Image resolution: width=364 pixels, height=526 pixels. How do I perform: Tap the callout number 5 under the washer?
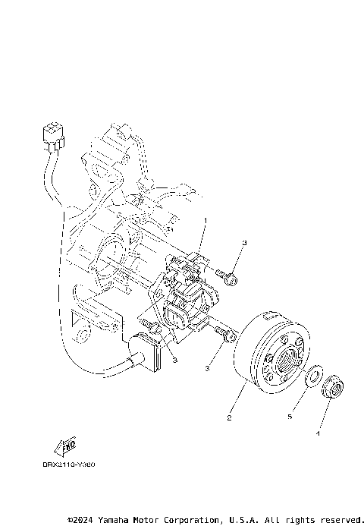pyautogui.click(x=290, y=416)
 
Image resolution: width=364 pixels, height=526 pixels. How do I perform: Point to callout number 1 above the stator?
pyautogui.click(x=205, y=220)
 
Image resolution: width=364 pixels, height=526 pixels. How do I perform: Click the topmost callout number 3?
pyautogui.click(x=244, y=242)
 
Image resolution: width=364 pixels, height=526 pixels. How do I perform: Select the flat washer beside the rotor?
pyautogui.click(x=312, y=377)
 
